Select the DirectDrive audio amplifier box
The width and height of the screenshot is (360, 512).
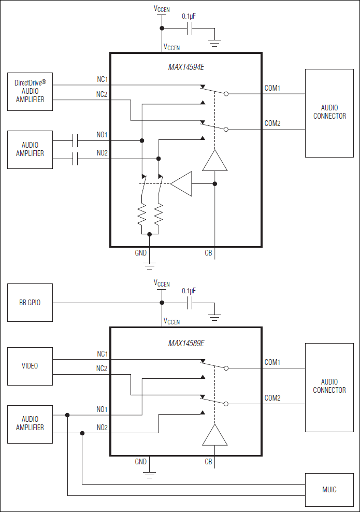[x=30, y=91]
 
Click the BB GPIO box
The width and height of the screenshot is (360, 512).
[x=30, y=303]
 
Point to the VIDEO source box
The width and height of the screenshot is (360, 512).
[x=30, y=366]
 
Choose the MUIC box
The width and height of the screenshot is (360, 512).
[x=329, y=490]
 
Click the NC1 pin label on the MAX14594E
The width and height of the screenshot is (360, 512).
[x=102, y=79]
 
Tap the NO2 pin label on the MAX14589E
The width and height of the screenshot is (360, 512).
[x=102, y=428]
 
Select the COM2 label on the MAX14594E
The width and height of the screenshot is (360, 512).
[x=272, y=123]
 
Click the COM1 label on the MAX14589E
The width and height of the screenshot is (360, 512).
[x=272, y=362]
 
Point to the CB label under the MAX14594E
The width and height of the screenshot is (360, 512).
[x=208, y=253]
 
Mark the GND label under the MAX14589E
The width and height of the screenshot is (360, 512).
[x=140, y=462]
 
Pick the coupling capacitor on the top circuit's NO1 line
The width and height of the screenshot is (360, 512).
[x=76, y=140]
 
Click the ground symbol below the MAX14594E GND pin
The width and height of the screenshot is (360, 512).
[x=150, y=265]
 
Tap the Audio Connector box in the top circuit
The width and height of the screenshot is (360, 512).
[x=329, y=112]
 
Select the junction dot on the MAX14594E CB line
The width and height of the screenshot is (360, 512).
[x=214, y=183]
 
